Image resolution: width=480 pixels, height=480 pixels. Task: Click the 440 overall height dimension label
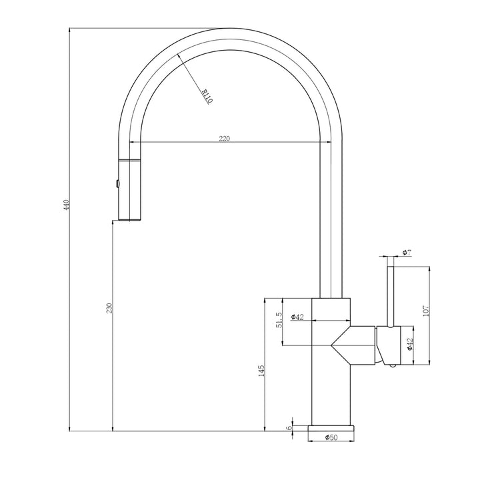coord(65,205)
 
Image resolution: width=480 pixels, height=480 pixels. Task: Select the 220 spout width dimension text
coord(225,139)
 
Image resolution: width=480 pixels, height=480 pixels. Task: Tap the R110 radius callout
coord(206,97)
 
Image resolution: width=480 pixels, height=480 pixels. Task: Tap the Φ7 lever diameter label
coord(406,252)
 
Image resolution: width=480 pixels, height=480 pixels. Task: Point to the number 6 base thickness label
coord(289,427)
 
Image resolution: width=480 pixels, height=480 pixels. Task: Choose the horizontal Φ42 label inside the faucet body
coord(297,317)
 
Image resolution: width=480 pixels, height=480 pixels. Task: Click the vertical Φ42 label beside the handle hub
coord(410,345)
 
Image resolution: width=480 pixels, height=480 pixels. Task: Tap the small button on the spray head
coord(117,183)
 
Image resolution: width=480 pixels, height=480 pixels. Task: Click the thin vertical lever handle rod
coord(389,293)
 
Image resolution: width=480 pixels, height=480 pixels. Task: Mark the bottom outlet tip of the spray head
coord(130,220)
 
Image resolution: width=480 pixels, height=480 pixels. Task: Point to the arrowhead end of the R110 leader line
coord(177,56)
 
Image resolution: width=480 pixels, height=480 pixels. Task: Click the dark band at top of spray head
coord(131,161)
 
